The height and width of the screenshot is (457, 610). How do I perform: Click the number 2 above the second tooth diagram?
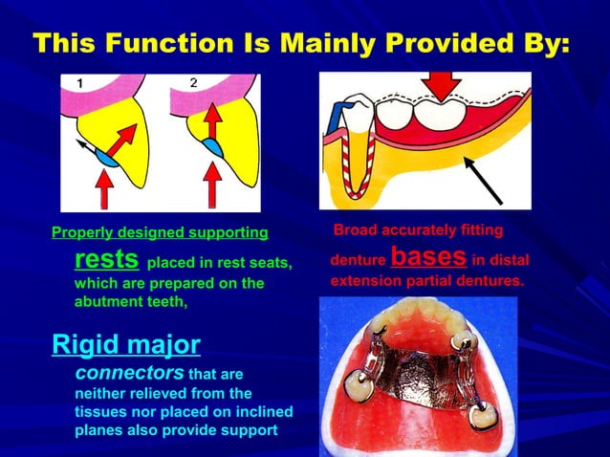[x=193, y=83]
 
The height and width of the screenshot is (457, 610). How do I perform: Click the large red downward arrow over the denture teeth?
[x=442, y=87]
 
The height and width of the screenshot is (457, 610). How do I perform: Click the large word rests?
[x=107, y=259]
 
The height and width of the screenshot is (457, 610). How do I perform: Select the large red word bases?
[x=428, y=256]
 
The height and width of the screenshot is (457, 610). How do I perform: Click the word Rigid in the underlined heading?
[x=91, y=343]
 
